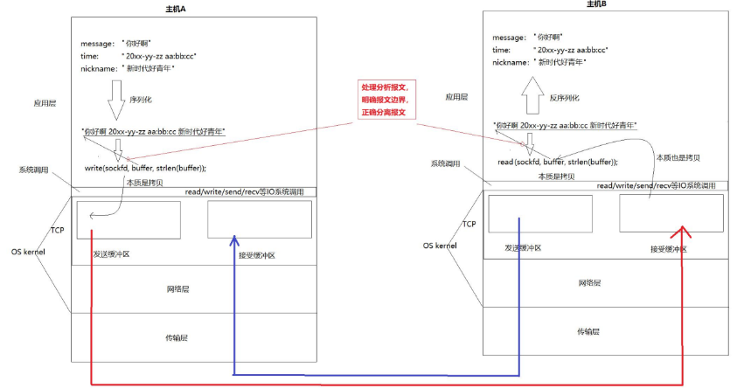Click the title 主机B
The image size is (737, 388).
(596, 5)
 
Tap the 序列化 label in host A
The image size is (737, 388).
(142, 99)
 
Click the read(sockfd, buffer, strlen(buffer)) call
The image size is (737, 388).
(558, 162)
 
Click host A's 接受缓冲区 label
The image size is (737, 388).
(257, 255)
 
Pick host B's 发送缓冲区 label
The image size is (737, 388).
(523, 248)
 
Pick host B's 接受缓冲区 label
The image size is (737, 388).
(668, 248)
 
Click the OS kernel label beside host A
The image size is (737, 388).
(28, 252)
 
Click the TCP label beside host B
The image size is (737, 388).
(469, 224)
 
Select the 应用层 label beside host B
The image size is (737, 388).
(456, 98)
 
